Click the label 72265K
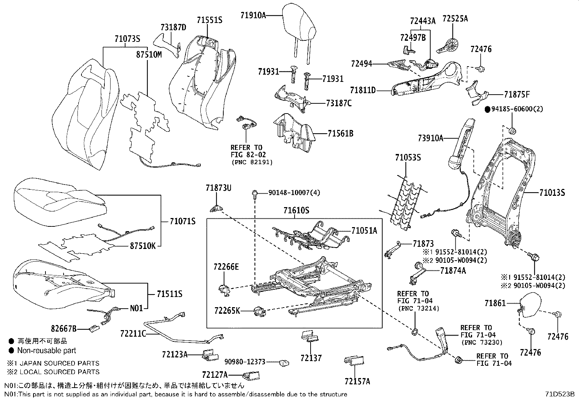coord(227,311)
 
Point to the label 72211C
coord(133,333)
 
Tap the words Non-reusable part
coord(47,351)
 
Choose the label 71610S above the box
coord(296,210)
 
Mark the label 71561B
coord(340,134)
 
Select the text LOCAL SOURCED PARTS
coord(59,372)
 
